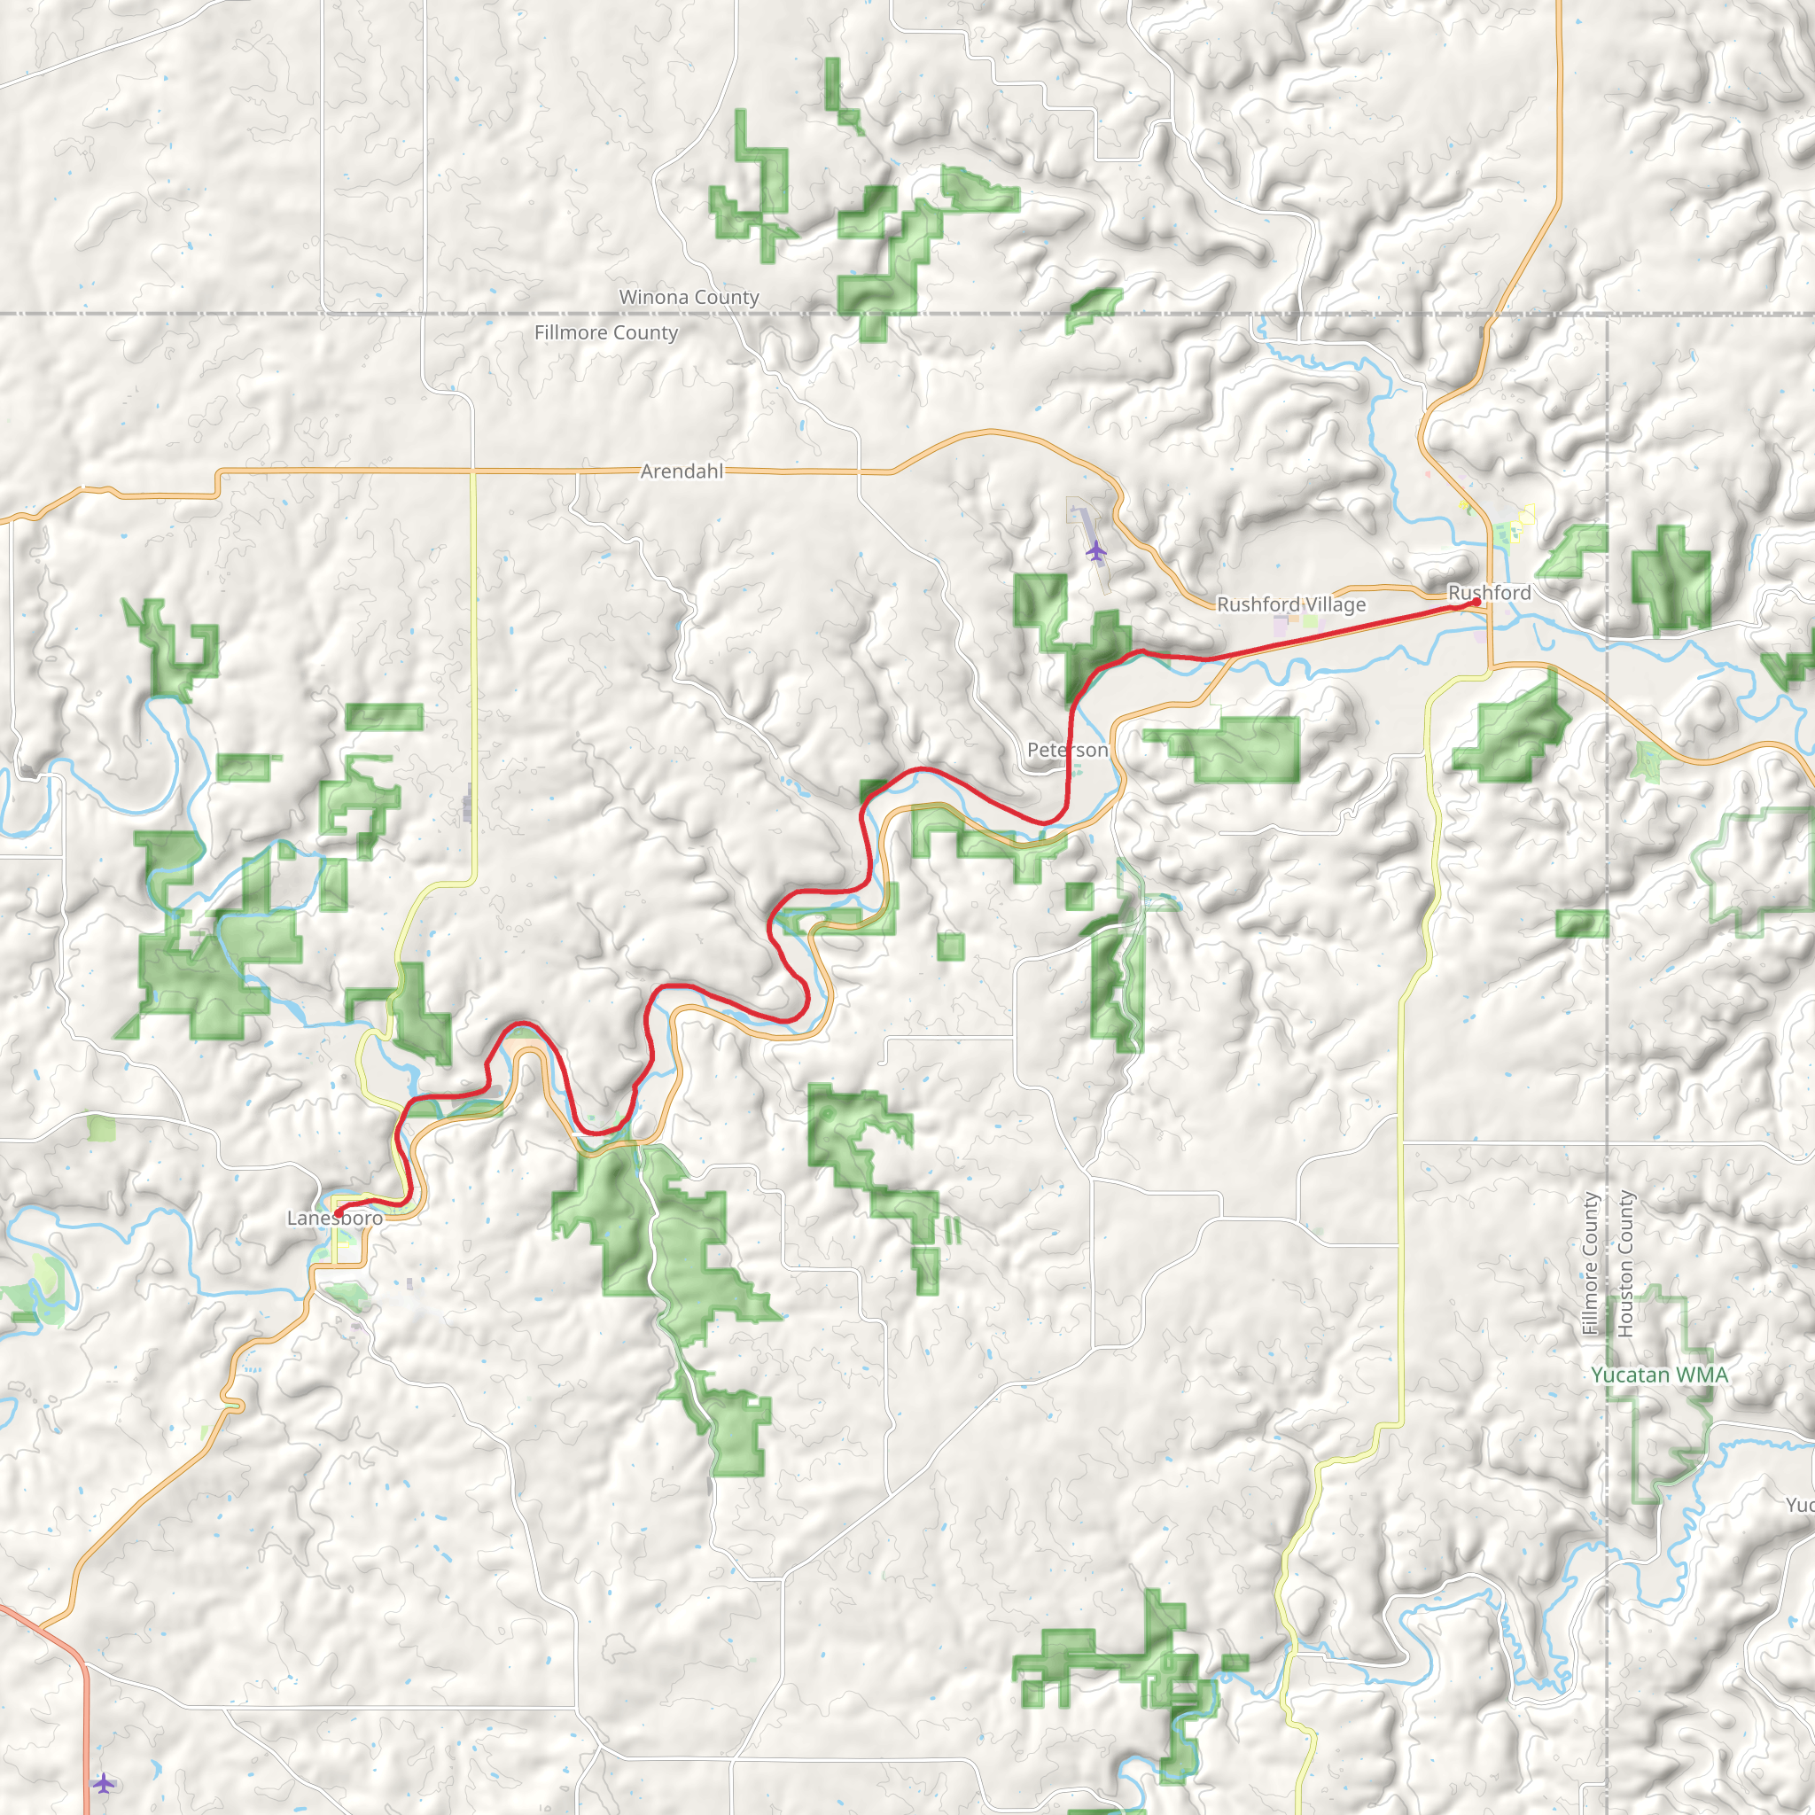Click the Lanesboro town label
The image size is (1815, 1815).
coord(334,1219)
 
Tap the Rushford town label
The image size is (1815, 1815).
coord(1489,593)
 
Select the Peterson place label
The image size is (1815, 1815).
coord(1067,750)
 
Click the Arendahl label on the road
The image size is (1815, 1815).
coord(682,471)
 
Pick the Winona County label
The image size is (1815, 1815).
coord(689,297)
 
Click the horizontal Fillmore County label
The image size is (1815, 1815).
coord(606,332)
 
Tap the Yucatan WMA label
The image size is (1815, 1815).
coord(1659,1375)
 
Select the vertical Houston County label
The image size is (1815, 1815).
coord(1625,1265)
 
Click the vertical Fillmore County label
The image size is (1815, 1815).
coord(1591,1265)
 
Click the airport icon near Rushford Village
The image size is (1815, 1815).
coord(1095,550)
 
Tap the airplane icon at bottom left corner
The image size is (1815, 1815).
coord(105,1782)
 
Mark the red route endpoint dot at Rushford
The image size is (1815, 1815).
coord(1476,601)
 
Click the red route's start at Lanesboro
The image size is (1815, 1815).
coord(339,1210)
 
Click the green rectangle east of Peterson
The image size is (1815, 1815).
coord(1246,749)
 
